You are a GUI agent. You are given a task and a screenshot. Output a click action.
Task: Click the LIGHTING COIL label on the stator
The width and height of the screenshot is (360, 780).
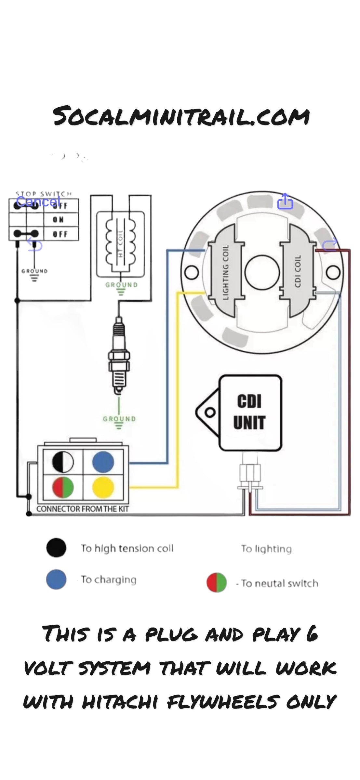pos(226,272)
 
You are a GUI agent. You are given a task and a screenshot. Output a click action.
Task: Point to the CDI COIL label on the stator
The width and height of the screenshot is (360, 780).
pos(298,271)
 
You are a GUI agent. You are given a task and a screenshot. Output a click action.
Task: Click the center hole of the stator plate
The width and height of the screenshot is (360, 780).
pos(262,272)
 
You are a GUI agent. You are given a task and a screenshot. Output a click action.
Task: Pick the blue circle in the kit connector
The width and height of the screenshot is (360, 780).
pos(103,462)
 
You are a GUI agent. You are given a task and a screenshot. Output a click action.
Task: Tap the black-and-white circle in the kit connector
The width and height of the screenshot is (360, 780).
pos(63,462)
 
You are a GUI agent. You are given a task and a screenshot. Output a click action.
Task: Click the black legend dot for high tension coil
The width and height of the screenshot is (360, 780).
pos(56,548)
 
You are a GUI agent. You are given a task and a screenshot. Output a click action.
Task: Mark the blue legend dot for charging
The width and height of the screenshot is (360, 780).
pos(56,579)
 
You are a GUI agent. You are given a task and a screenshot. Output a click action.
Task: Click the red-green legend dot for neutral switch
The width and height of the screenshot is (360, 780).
pos(217,583)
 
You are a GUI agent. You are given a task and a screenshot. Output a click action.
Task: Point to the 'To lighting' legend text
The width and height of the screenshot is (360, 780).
pos(266,549)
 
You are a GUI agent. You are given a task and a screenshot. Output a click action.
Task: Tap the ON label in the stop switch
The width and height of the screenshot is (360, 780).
pos(59,220)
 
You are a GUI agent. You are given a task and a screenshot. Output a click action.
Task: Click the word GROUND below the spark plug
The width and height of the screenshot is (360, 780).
pos(119,419)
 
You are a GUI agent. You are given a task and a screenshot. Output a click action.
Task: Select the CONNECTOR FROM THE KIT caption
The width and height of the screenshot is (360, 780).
pos(82,509)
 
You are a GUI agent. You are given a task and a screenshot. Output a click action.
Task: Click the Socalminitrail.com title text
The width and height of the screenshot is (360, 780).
pos(181,116)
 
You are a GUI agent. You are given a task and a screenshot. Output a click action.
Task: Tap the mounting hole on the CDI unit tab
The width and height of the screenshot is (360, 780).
pos(210,412)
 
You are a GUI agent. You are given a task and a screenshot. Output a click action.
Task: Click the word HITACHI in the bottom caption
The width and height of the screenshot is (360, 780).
pos(120,702)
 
